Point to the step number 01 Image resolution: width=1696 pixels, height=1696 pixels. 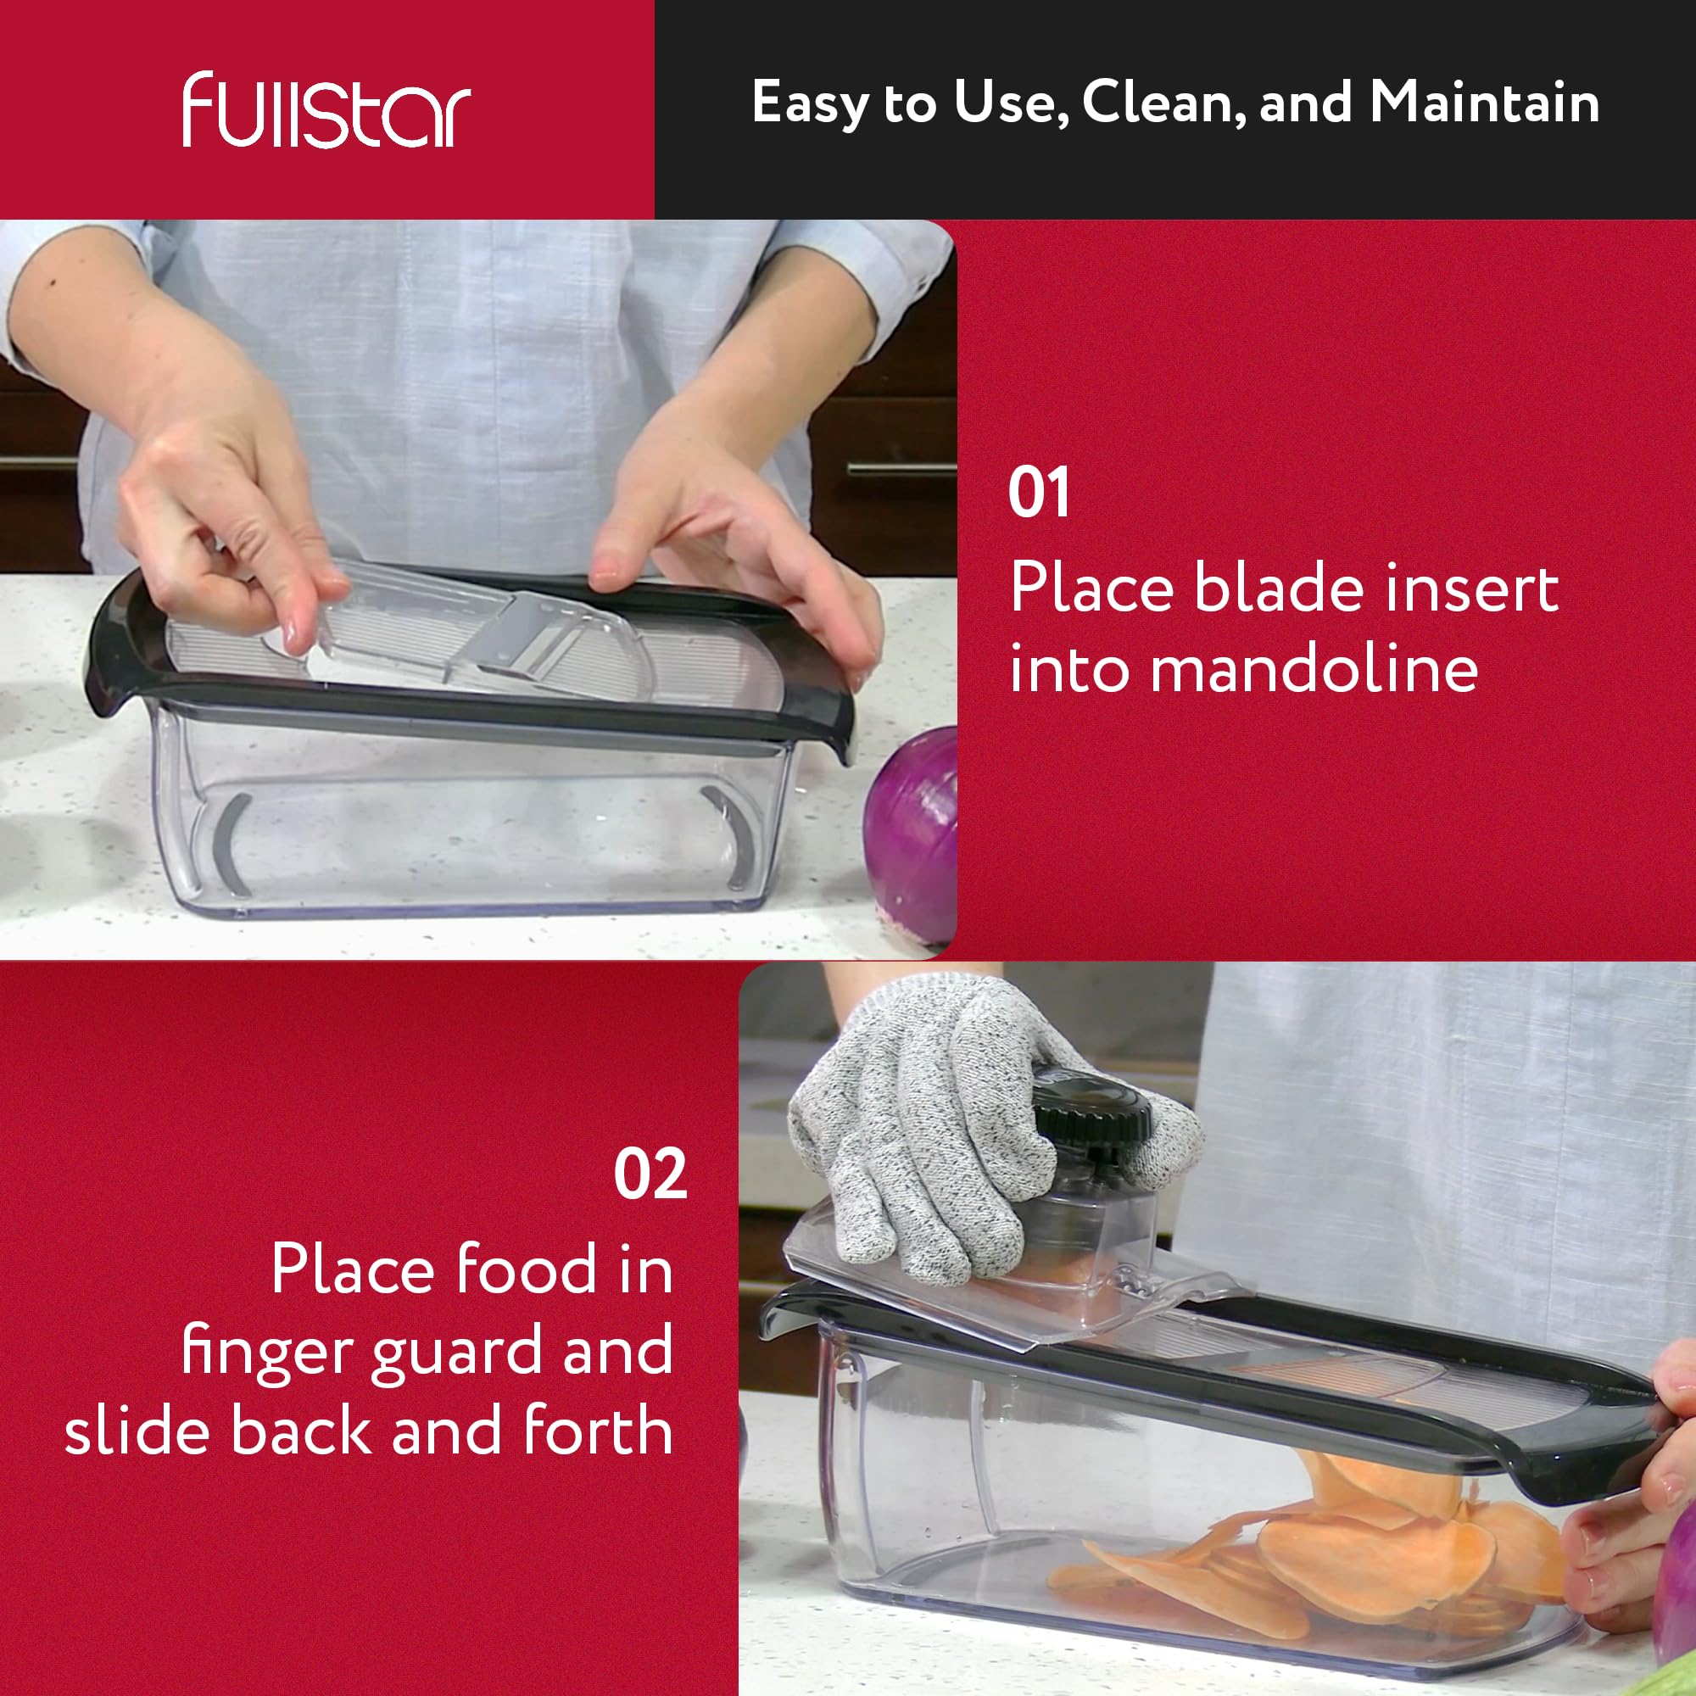point(1039,493)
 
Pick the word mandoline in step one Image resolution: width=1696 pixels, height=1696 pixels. point(1244,670)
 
